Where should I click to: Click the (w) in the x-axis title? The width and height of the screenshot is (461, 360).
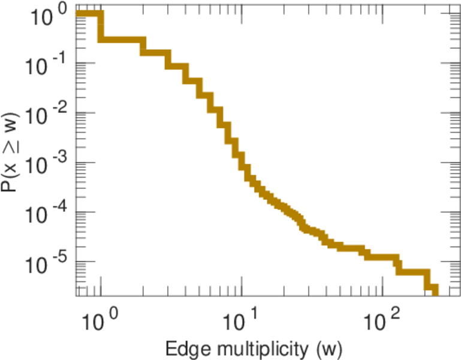point(329,347)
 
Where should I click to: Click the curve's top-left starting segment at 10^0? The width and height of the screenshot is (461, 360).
point(89,14)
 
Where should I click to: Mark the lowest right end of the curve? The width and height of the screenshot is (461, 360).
point(435,292)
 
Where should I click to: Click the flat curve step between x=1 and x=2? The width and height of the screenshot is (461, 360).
point(122,40)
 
